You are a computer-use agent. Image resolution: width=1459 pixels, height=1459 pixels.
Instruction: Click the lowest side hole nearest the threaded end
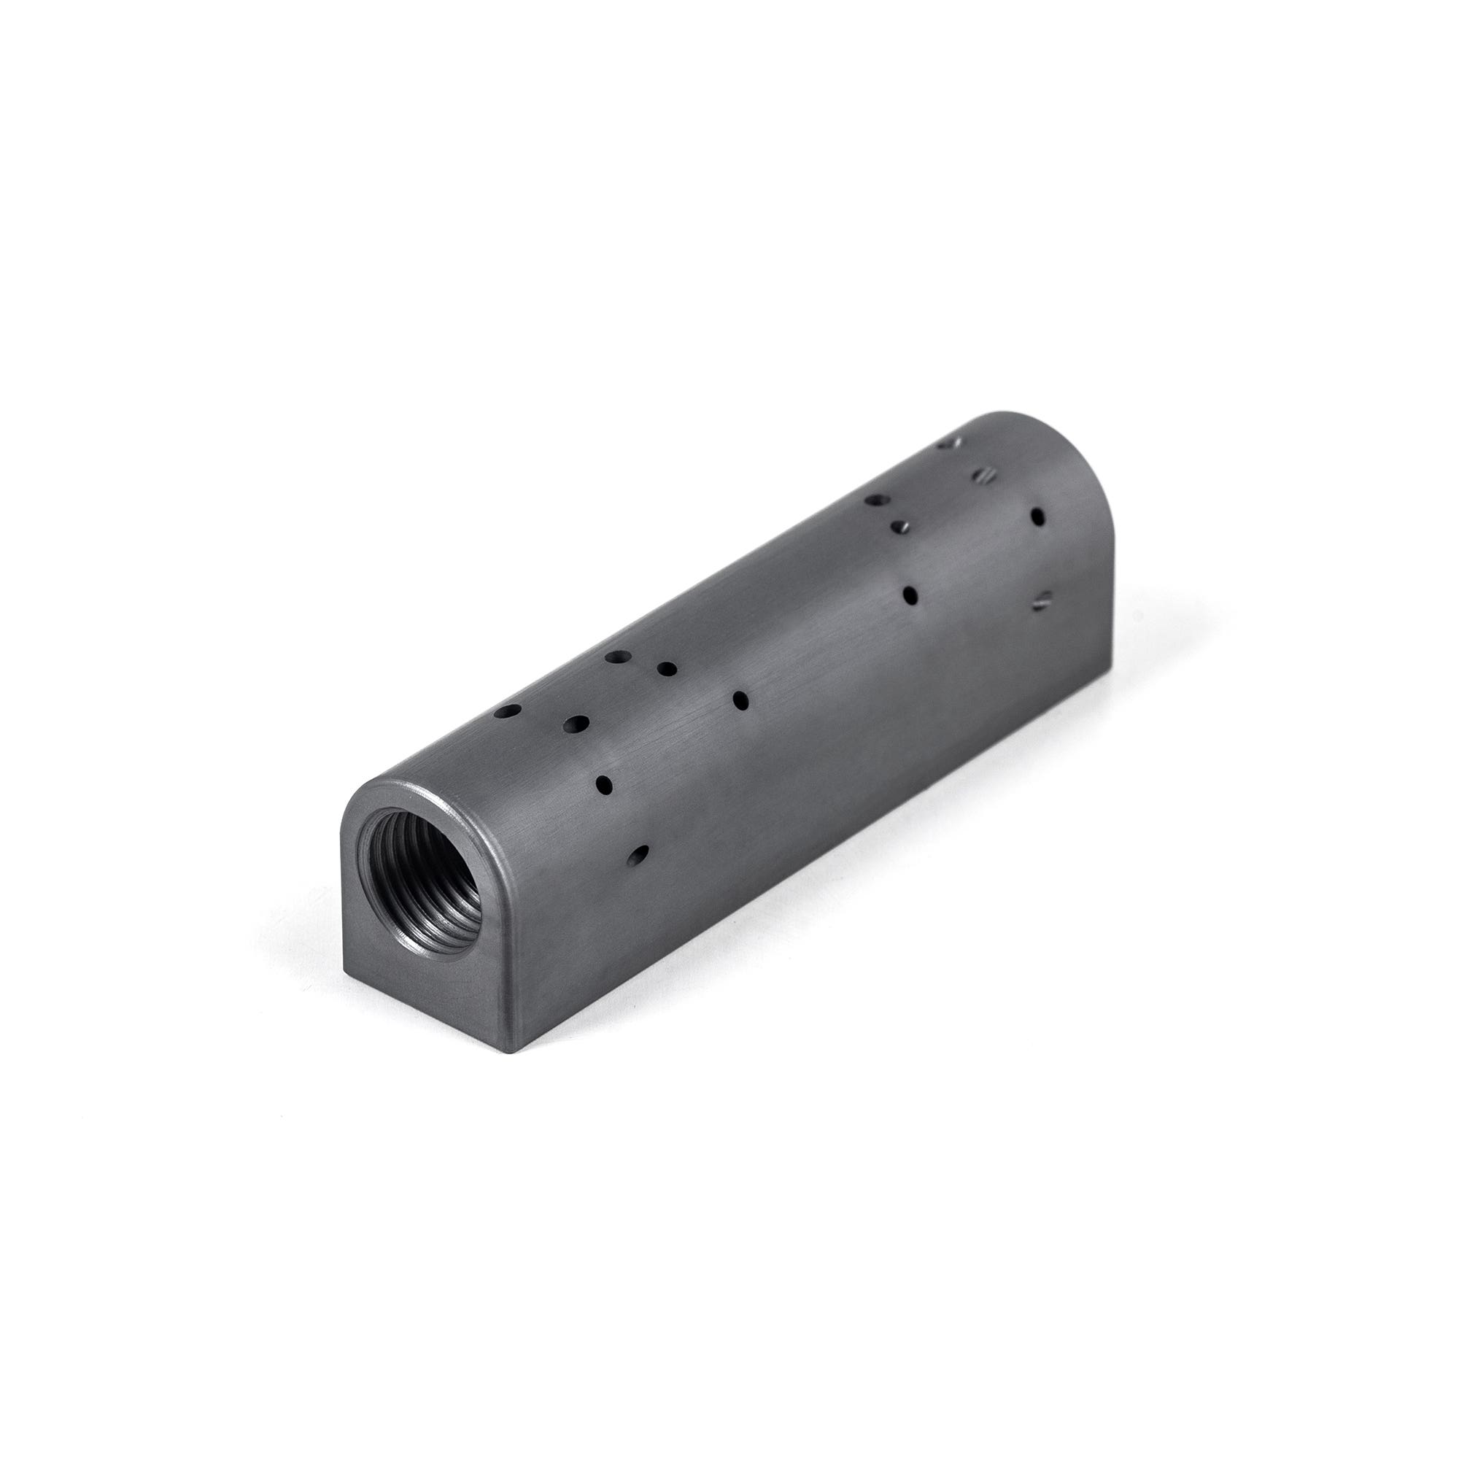click(638, 855)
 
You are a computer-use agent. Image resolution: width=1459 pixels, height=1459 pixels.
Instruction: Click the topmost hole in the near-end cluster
click(618, 658)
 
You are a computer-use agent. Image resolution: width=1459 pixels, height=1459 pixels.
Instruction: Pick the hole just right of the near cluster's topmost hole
click(667, 668)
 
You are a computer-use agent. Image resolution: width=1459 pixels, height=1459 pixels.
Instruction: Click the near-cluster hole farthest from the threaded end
click(741, 700)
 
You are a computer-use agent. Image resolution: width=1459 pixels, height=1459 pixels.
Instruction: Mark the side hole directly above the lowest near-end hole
click(604, 786)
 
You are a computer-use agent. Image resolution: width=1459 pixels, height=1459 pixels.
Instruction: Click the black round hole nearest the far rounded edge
click(1037, 516)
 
